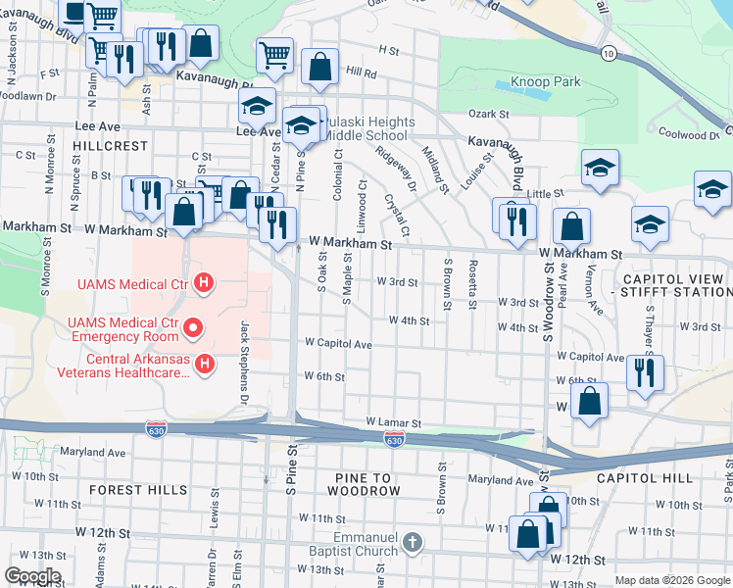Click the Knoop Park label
pyautogui.click(x=545, y=82)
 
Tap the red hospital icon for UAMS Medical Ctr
pyautogui.click(x=204, y=284)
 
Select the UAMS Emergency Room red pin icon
pyautogui.click(x=194, y=326)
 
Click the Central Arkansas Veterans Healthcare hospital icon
pyautogui.click(x=204, y=365)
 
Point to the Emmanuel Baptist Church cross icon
pyautogui.click(x=413, y=542)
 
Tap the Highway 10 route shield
pyautogui.click(x=609, y=53)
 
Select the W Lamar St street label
pyautogui.click(x=392, y=421)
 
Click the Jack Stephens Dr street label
pyautogui.click(x=243, y=348)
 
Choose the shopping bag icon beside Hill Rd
pyautogui.click(x=319, y=67)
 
